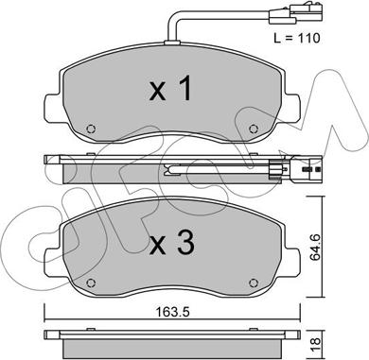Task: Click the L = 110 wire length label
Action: click(x=296, y=38)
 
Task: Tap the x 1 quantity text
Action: click(x=171, y=89)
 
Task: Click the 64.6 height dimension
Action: click(x=315, y=248)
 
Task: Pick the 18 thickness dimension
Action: click(x=315, y=341)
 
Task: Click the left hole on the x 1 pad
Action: click(x=91, y=129)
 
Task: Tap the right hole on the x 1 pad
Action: click(x=253, y=129)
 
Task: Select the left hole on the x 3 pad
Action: click(x=91, y=283)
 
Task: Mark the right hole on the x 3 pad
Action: click(x=253, y=283)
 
